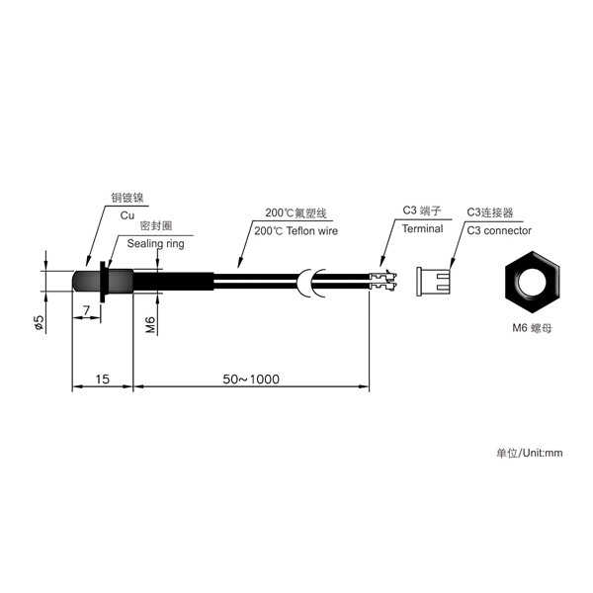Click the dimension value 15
[x=102, y=379]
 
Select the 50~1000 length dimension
[x=251, y=379]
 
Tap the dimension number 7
[x=87, y=310]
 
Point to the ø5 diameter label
[x=39, y=322]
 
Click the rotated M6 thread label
[x=150, y=324]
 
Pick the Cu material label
[x=127, y=215]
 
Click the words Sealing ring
[x=155, y=243]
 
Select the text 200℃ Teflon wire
[x=296, y=230]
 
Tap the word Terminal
[x=422, y=229]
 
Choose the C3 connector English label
[x=499, y=230]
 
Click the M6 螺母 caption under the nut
[x=532, y=328]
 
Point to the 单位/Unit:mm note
[x=530, y=453]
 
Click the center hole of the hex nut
[x=532, y=282]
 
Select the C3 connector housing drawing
[x=434, y=282]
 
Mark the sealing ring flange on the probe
[x=102, y=282]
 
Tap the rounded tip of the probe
[x=77, y=281]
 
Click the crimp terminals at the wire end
[x=382, y=282]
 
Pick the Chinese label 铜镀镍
[x=127, y=198]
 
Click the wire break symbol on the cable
[x=311, y=283]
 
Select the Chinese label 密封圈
[x=156, y=225]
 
